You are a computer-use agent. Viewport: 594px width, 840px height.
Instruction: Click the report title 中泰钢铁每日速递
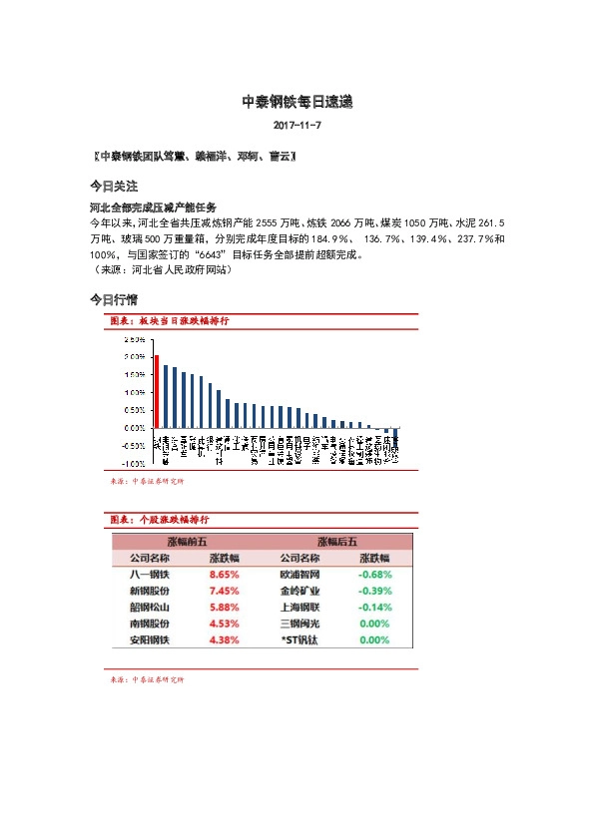pos(297,102)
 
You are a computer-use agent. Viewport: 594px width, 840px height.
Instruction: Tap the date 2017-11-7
pos(297,127)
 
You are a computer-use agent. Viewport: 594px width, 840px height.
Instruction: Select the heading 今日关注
pos(113,187)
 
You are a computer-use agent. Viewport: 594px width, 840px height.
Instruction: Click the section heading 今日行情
pos(113,299)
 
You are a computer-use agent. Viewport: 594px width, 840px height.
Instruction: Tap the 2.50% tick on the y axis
pos(133,339)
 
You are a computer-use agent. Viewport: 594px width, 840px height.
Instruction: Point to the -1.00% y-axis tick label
pos(132,464)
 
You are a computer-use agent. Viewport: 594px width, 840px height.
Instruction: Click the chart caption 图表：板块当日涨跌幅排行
pos(170,321)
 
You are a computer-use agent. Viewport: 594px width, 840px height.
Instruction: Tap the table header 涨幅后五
pos(336,541)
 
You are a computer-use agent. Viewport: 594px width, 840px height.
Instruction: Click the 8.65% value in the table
pos(224,575)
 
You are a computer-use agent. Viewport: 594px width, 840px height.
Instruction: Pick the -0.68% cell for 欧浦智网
pos(374,575)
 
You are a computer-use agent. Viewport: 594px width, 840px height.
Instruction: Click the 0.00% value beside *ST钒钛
pos(374,639)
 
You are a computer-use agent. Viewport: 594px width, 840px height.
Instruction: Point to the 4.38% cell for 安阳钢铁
pos(224,639)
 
